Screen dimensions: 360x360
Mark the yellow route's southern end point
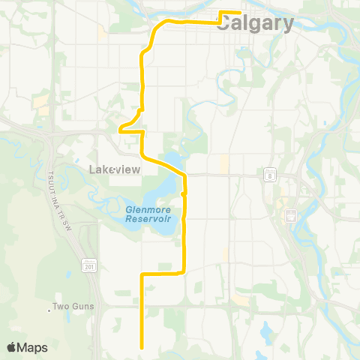tap(142, 348)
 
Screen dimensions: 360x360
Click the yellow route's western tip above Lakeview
tap(120, 130)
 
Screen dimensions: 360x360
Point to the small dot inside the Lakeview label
tap(112, 171)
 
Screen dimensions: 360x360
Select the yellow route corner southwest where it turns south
tap(142, 274)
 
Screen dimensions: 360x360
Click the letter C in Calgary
tap(229, 25)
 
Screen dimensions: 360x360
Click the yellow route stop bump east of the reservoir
tap(184, 193)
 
